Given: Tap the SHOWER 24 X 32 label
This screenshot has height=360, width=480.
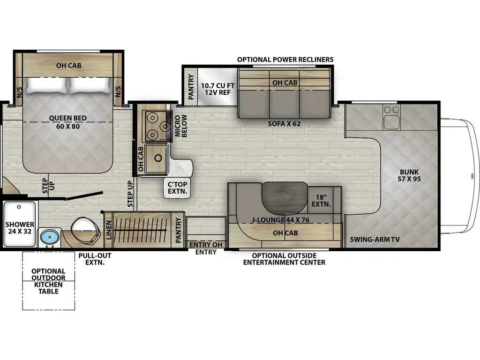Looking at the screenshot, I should [20, 228].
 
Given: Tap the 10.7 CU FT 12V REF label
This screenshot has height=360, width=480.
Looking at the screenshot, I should [218, 89].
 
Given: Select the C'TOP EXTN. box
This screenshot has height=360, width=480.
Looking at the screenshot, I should [177, 188].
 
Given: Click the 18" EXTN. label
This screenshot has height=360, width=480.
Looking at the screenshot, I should [321, 201].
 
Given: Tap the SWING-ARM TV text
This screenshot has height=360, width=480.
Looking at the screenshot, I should [375, 240].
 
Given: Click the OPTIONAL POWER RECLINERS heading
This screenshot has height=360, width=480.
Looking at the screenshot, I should [285, 60].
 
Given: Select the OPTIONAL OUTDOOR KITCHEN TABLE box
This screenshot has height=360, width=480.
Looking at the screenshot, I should [49, 281].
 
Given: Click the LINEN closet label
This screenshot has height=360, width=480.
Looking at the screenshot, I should [109, 230].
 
